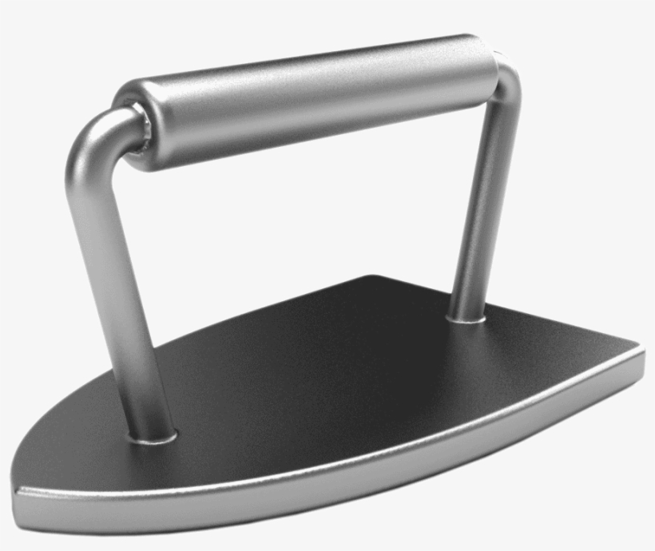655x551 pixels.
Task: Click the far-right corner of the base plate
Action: point(641,351)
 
